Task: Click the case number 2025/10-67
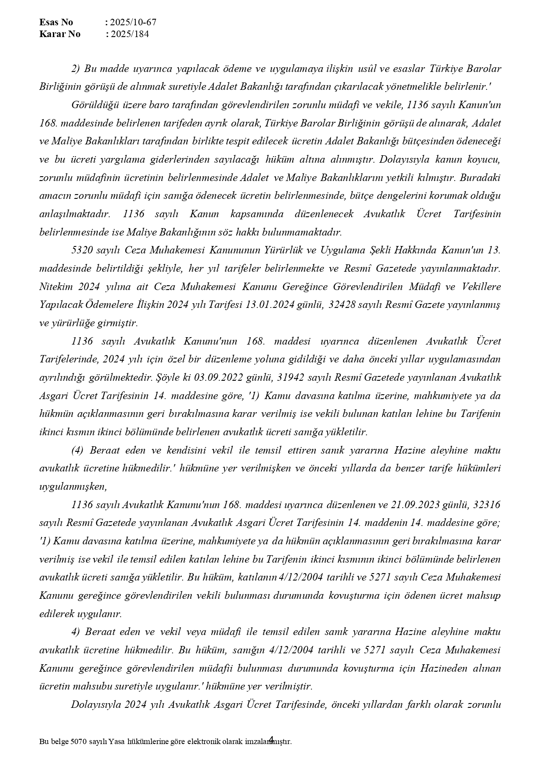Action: tap(133, 22)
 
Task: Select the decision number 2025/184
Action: tap(129, 34)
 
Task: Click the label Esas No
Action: tap(56, 22)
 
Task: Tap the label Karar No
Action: tap(59, 34)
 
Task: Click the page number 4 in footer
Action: tap(271, 739)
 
